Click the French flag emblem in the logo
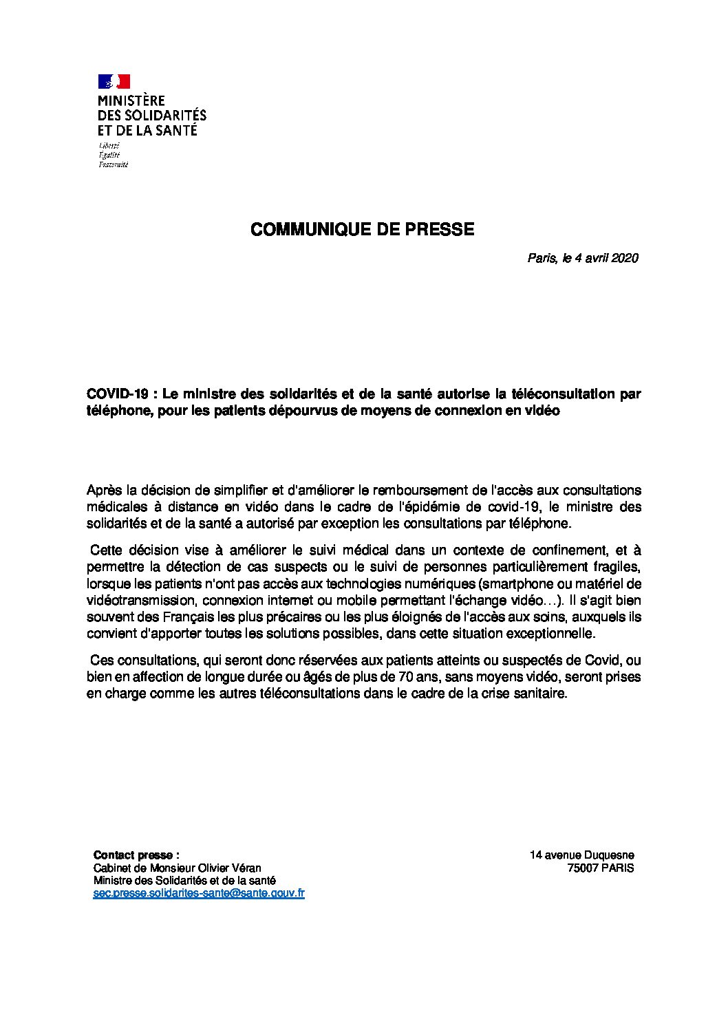coord(114,81)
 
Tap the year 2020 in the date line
coord(625,259)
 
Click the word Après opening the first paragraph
coord(103,491)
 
